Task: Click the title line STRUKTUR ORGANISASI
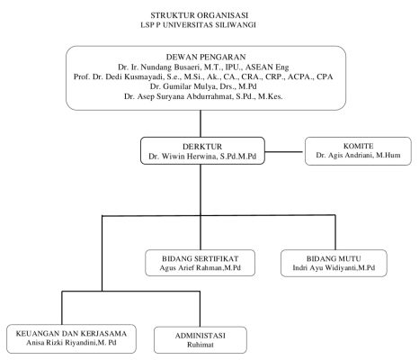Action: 199,15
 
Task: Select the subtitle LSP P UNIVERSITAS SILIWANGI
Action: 198,25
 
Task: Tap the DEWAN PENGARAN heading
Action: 206,57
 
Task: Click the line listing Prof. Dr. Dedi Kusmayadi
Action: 203,76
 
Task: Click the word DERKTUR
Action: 202,147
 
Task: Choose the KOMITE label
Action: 358,146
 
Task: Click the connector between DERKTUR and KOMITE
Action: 284,152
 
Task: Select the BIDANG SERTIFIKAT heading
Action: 201,258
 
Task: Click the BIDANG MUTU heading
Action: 334,258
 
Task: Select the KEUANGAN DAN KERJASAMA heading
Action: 71,333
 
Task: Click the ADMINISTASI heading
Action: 201,336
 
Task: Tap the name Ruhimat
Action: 201,345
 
